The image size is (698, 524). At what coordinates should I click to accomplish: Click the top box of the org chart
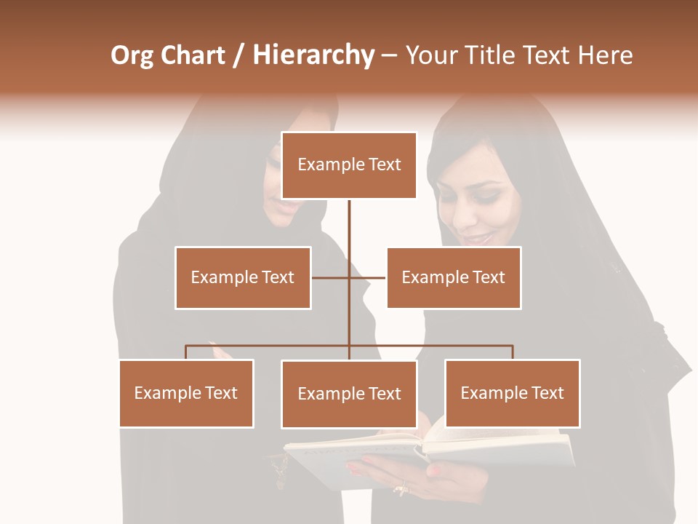[349, 165]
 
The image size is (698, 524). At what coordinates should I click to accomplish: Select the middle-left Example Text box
[243, 277]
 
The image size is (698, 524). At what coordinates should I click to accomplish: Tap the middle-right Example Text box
[454, 277]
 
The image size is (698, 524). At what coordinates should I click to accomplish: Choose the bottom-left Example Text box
[186, 393]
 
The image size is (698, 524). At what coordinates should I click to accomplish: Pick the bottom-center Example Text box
[349, 394]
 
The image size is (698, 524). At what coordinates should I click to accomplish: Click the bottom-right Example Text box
[513, 393]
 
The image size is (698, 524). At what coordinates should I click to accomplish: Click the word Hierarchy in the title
[313, 55]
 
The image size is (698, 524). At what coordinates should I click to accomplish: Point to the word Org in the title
[132, 56]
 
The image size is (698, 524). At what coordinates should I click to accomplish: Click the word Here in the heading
[605, 55]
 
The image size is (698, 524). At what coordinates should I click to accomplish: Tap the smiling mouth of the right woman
[477, 239]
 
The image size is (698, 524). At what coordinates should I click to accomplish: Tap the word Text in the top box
[383, 164]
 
